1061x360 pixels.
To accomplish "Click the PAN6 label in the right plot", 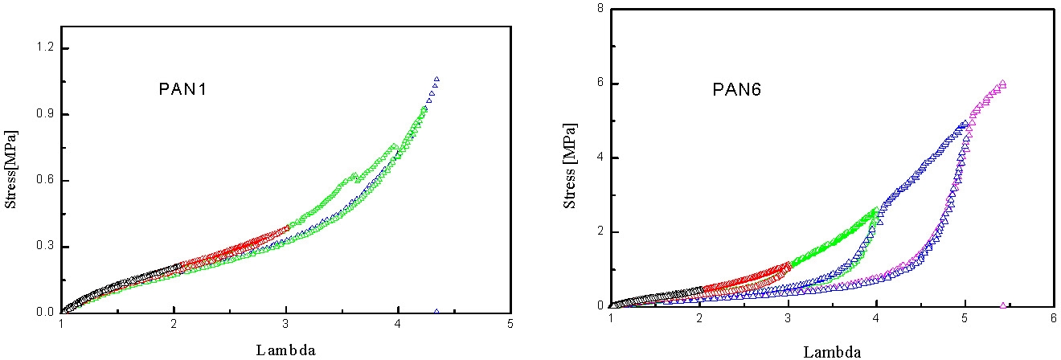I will tap(738, 89).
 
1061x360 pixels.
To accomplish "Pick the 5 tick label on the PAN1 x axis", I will tap(510, 325).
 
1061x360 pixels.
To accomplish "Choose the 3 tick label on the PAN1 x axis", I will tap(286, 325).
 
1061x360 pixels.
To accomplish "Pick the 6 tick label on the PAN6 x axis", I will tap(1053, 318).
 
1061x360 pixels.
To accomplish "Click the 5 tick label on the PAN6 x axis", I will tap(965, 318).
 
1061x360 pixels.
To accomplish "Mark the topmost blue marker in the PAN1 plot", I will tap(436, 79).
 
